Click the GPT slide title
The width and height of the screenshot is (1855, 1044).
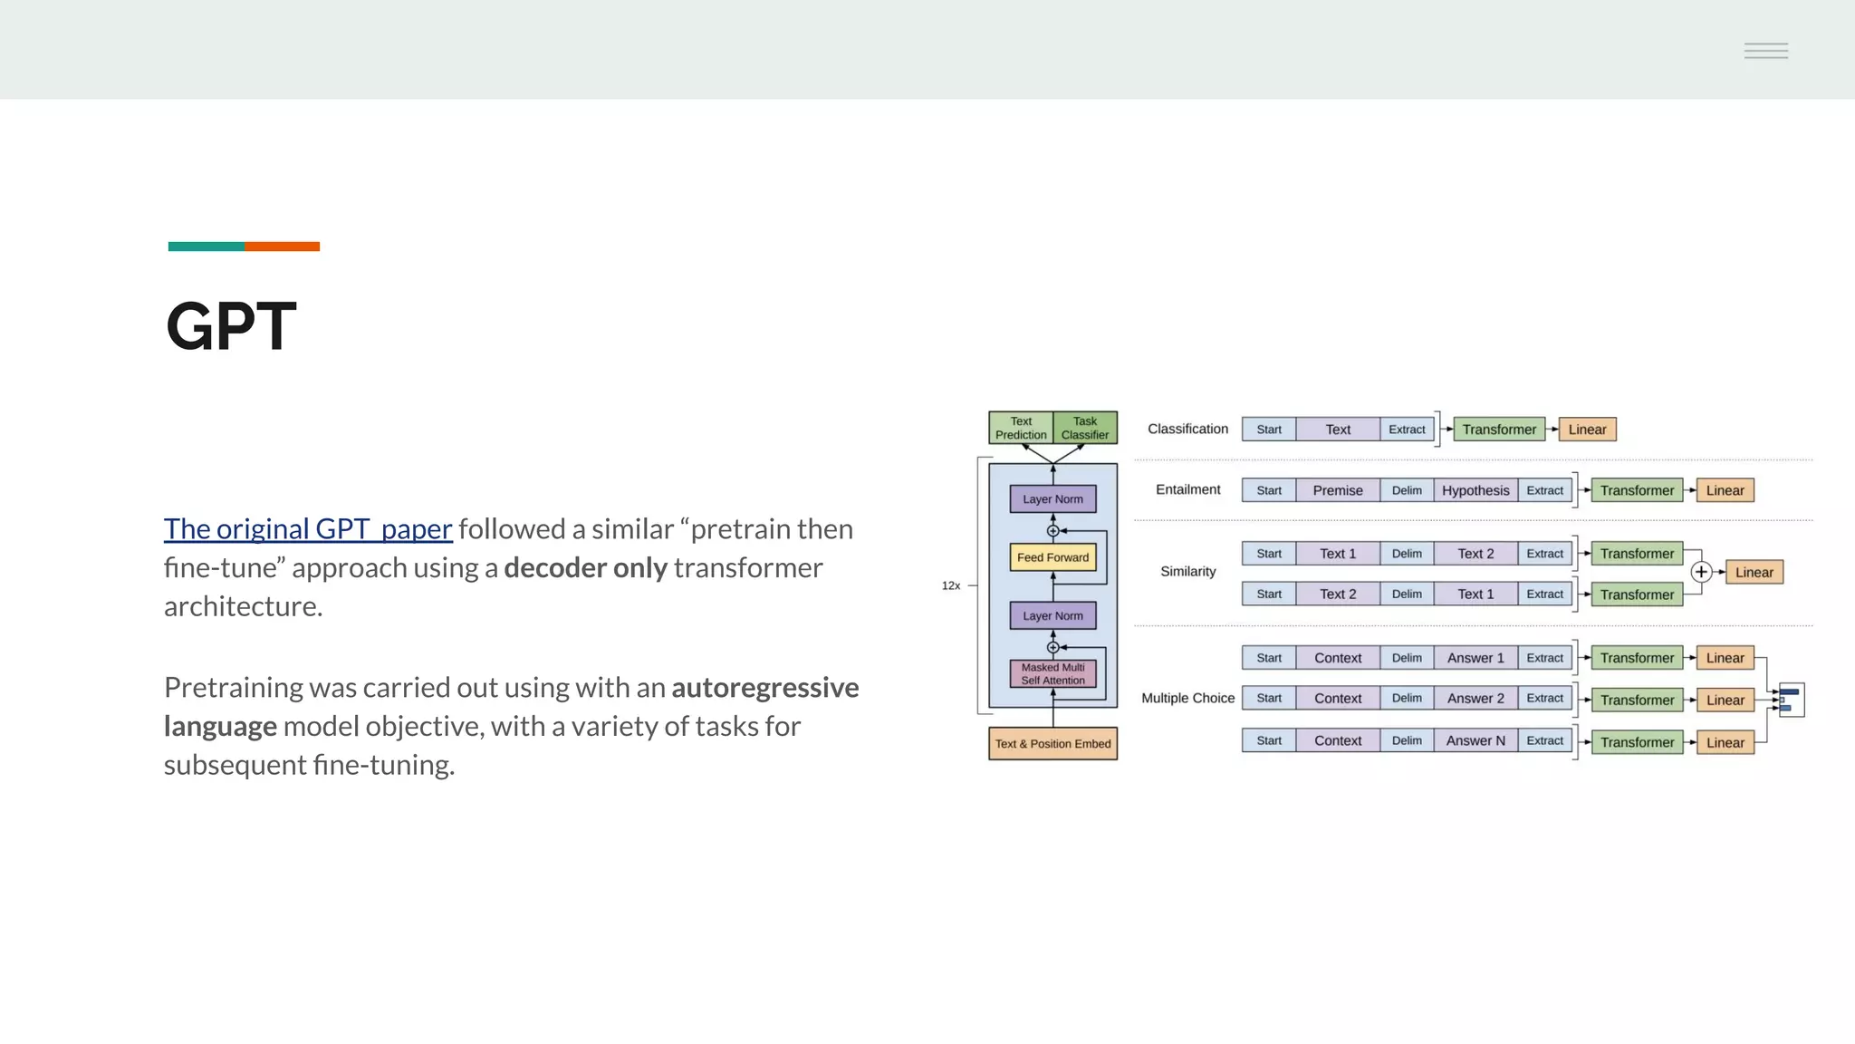(231, 326)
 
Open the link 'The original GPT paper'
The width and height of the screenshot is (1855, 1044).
(308, 528)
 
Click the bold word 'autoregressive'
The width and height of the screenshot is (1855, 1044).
(764, 687)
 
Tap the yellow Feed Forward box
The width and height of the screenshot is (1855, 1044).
(1052, 557)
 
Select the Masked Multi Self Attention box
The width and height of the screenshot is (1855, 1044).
(1052, 673)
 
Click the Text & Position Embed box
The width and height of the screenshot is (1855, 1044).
(1052, 743)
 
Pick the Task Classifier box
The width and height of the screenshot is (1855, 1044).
(1084, 428)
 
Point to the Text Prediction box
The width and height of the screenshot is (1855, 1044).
(1021, 428)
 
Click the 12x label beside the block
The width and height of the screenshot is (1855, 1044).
(951, 585)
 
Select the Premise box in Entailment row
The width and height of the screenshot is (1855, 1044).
(1338, 490)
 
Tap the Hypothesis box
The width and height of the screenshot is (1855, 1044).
(1475, 490)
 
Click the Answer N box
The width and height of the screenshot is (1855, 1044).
(1475, 740)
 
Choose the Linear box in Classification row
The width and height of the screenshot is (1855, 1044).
(1587, 430)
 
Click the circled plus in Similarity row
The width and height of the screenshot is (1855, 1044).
(1701, 572)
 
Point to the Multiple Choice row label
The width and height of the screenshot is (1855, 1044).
(1187, 698)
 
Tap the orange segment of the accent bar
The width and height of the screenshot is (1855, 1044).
(282, 246)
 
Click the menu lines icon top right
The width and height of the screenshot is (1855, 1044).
(1766, 51)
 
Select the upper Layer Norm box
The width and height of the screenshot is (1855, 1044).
(1052, 499)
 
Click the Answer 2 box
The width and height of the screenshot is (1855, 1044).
(1475, 698)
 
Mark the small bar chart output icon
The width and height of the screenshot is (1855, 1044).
(1791, 700)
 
